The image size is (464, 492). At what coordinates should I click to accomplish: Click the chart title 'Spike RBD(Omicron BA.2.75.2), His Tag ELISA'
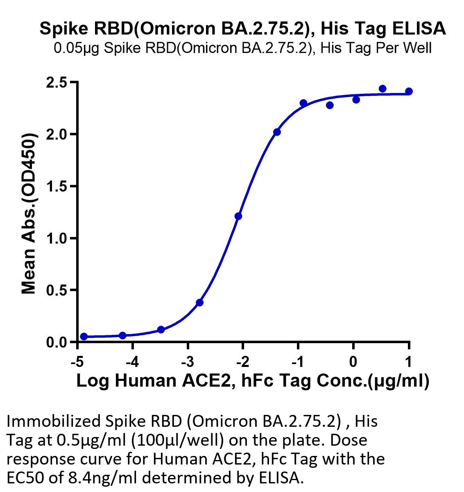coord(243,29)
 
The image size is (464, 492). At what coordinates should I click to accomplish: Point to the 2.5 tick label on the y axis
coord(57,83)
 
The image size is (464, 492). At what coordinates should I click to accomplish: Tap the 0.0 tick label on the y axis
coord(57,343)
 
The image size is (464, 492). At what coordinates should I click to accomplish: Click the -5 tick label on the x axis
coord(77,362)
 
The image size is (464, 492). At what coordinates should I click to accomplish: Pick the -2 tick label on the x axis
coord(242,362)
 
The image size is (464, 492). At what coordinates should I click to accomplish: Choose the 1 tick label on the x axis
coord(409,362)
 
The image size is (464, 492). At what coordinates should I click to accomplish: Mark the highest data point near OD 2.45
coord(383,89)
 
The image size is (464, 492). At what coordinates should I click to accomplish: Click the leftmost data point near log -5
coord(84,337)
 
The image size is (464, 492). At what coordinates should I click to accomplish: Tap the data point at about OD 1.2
coord(238,216)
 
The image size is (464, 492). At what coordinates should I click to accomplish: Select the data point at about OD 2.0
coord(277,132)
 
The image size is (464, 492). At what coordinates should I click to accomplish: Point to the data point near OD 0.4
coord(200,303)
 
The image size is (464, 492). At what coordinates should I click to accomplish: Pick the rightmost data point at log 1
coord(409,91)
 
